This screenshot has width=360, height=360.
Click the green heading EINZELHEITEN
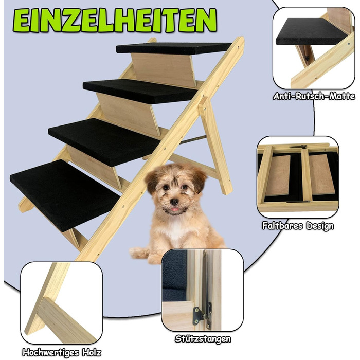click(x=115, y=20)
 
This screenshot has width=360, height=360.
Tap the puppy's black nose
click(x=174, y=202)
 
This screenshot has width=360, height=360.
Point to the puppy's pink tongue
click(x=175, y=209)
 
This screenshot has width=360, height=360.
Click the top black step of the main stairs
click(x=173, y=48)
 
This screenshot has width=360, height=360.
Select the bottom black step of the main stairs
click(x=65, y=195)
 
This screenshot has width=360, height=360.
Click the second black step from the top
click(x=140, y=91)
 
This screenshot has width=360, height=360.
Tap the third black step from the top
click(x=104, y=142)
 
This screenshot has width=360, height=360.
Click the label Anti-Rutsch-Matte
click(x=314, y=96)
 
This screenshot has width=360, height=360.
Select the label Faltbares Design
click(x=298, y=226)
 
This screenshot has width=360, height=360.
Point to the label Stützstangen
click(x=203, y=339)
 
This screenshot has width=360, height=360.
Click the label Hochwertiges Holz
click(x=62, y=352)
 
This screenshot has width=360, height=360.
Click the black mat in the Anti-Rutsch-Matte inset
click(x=311, y=32)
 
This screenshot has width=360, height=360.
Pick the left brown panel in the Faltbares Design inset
click(x=277, y=175)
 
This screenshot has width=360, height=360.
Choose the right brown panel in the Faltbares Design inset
click(x=321, y=174)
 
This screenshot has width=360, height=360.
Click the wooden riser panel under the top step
click(x=164, y=70)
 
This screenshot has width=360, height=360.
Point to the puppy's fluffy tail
click(x=139, y=253)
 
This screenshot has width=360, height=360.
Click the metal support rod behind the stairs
click(x=193, y=139)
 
